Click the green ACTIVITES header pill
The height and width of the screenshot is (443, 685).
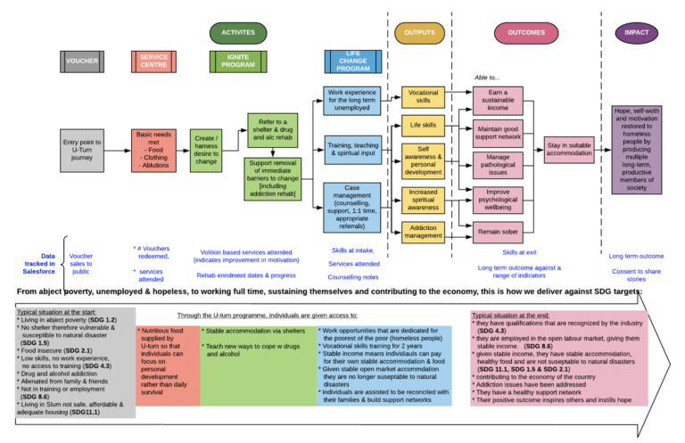(238, 32)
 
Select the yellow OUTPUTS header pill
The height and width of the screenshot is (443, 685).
(419, 32)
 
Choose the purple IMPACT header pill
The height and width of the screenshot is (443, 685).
(636, 32)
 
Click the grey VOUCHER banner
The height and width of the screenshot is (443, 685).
(82, 62)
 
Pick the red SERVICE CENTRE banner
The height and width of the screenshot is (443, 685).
(153, 62)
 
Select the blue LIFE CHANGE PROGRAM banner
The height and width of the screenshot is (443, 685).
(353, 62)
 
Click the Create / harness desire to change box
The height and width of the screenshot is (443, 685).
(207, 150)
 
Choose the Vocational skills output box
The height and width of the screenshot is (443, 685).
(423, 96)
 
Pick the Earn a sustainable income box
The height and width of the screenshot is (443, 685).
(498, 99)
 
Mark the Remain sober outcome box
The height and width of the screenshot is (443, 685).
(498, 231)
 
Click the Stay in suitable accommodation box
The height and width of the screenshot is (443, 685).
(568, 149)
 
